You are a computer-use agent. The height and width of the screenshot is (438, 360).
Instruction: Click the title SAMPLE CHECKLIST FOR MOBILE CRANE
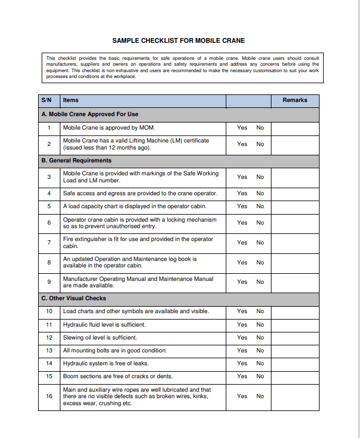tap(178, 40)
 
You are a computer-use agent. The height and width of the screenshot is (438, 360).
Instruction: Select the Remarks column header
tap(294, 100)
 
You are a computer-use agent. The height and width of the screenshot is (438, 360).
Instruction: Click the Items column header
tap(71, 100)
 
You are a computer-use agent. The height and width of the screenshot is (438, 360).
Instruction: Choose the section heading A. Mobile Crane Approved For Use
tap(90, 114)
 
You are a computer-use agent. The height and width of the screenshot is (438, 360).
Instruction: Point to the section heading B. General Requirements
tap(76, 161)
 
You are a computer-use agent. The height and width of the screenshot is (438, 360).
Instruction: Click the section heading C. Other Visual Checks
tap(74, 298)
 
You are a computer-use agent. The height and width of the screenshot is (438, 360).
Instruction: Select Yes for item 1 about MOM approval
tap(242, 128)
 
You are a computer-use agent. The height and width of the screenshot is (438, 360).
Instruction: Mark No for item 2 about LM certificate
tap(260, 144)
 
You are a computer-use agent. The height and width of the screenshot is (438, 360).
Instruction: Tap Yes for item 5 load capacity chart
tap(242, 206)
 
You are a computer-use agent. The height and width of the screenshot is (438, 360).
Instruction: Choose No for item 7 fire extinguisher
tap(260, 243)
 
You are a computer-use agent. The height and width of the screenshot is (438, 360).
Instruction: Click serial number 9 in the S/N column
tap(49, 282)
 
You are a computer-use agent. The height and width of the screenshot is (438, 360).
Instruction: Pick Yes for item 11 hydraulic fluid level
tap(242, 325)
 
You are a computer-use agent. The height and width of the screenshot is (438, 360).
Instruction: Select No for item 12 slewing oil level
tap(260, 338)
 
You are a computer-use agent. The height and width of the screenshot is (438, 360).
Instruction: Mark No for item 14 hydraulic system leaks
tap(260, 364)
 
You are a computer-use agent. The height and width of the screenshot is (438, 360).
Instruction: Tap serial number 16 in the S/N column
tap(49, 396)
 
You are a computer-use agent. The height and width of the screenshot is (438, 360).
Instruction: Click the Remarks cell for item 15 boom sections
tap(295, 376)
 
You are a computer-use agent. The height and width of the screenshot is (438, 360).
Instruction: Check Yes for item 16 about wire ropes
tap(242, 396)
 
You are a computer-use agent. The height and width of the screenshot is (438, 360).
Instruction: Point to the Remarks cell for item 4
tap(295, 193)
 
